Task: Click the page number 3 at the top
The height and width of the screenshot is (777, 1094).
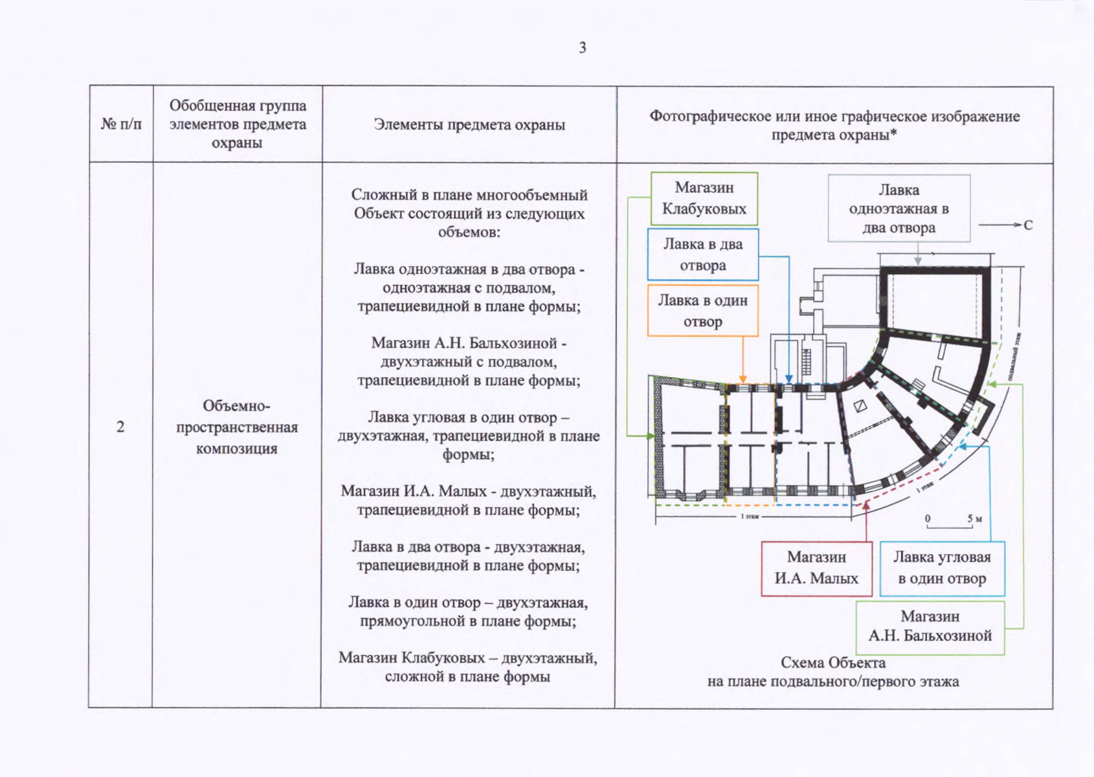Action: [x=583, y=47]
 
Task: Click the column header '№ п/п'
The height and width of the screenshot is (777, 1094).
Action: [x=121, y=124]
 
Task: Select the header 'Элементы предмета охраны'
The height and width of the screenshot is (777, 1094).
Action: [x=469, y=124]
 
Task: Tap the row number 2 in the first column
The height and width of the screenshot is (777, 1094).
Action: [x=120, y=427]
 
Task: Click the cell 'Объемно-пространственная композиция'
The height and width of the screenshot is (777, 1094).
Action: [x=237, y=427]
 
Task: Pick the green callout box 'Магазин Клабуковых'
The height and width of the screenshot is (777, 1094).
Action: [x=704, y=198]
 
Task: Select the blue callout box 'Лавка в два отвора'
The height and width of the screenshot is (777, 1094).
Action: [x=703, y=254]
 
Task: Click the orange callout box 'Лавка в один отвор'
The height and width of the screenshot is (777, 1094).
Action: [x=703, y=311]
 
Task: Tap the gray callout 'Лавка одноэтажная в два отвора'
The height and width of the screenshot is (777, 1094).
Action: [x=899, y=208]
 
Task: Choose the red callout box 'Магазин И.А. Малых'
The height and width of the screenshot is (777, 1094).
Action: [x=816, y=568]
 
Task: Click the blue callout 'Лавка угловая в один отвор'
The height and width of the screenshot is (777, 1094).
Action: [x=942, y=568]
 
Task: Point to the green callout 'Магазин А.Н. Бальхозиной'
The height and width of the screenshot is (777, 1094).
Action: [x=930, y=626]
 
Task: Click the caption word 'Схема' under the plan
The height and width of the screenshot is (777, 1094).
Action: [x=801, y=662]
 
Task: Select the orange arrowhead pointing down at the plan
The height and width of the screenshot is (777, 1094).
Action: [x=743, y=379]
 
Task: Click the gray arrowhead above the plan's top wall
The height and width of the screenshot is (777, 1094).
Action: [x=918, y=260]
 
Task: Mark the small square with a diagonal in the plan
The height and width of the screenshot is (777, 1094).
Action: [x=860, y=407]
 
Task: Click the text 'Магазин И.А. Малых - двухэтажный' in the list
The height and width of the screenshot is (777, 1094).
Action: [x=468, y=491]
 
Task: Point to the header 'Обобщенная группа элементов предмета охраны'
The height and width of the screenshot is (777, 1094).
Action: [x=238, y=124]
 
